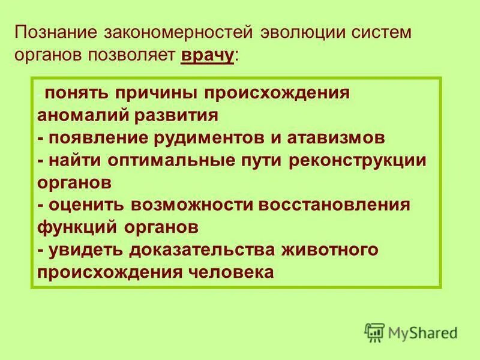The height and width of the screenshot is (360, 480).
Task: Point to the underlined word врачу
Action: pyautogui.click(x=206, y=56)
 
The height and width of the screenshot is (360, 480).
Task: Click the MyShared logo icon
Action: pyautogui.click(x=374, y=332)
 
